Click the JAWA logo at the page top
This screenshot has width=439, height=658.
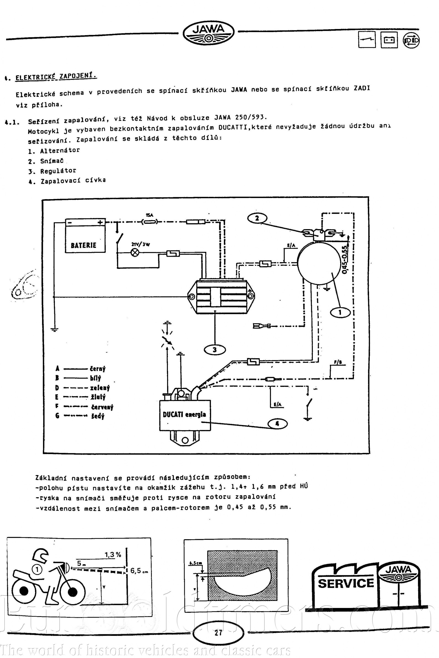click(x=209, y=32)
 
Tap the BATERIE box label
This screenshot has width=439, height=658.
click(x=83, y=245)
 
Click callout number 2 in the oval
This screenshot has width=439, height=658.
click(x=257, y=218)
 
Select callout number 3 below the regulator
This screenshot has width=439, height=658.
click(x=215, y=349)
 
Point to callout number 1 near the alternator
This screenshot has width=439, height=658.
click(x=340, y=312)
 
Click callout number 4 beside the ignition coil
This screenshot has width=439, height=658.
click(x=277, y=424)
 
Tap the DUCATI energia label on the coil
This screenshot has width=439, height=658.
click(x=184, y=415)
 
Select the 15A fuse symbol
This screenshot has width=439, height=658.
click(x=150, y=222)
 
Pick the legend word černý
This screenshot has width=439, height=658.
click(x=98, y=369)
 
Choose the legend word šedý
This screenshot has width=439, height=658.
click(x=98, y=416)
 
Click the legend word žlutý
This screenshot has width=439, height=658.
click(x=98, y=397)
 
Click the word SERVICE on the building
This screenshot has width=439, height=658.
click(x=346, y=581)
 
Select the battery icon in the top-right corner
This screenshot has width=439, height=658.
click(x=389, y=40)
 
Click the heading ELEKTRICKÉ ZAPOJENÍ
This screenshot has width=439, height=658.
click(x=56, y=76)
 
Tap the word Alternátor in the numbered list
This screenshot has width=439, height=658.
click(x=60, y=151)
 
